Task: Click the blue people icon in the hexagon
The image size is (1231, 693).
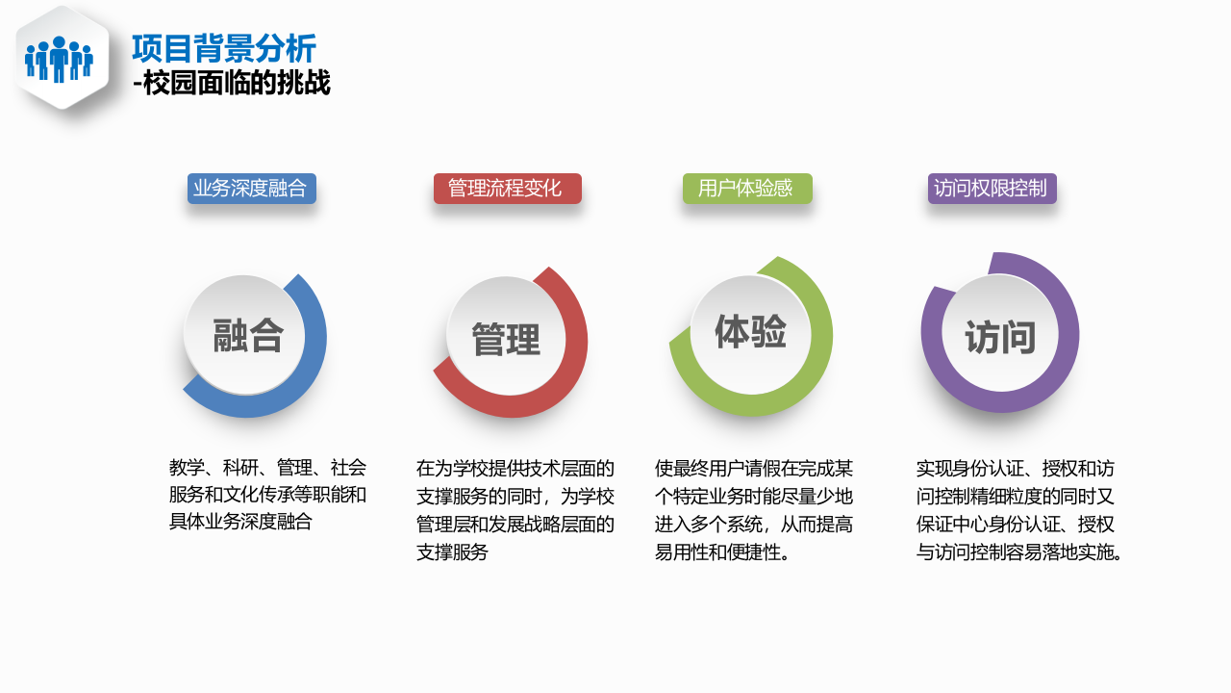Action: pyautogui.click(x=59, y=59)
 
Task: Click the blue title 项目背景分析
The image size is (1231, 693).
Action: pyautogui.click(x=223, y=48)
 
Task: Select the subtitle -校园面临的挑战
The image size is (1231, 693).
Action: pyautogui.click(x=232, y=85)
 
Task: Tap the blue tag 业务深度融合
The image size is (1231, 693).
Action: pyautogui.click(x=251, y=189)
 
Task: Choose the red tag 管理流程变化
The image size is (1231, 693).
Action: pyautogui.click(x=507, y=189)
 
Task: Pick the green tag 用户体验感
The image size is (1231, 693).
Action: pyautogui.click(x=746, y=189)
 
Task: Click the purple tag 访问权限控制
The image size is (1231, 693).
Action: pyautogui.click(x=992, y=189)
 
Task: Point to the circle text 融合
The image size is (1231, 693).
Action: pyautogui.click(x=248, y=336)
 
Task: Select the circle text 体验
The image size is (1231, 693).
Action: pyautogui.click(x=750, y=332)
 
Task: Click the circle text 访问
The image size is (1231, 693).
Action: pyautogui.click(x=1000, y=338)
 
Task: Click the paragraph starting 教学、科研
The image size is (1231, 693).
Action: pyautogui.click(x=267, y=495)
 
